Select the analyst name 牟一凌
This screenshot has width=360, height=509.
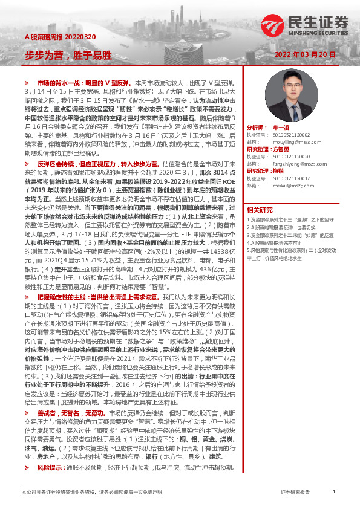(x=282, y=129)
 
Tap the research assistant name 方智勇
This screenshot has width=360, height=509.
(x=282, y=148)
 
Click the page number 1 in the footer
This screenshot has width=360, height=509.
(x=334, y=492)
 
